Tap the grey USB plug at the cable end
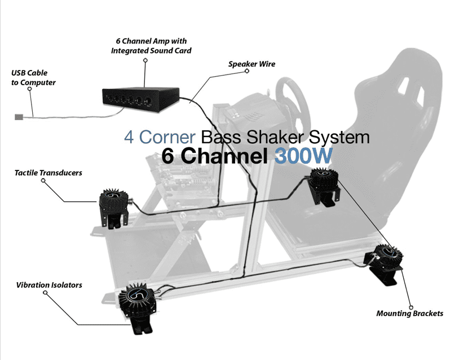point(18,117)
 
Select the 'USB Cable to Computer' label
point(33,78)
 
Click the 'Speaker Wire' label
point(252,64)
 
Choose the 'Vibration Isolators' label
point(48,285)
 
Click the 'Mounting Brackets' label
point(409,313)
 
